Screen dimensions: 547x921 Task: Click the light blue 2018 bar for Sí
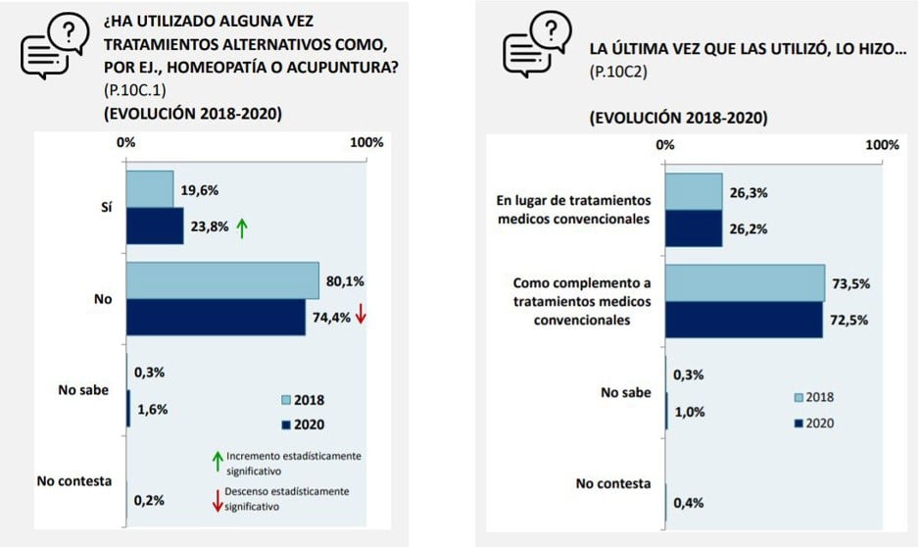point(150,188)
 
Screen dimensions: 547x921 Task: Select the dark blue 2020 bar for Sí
point(155,226)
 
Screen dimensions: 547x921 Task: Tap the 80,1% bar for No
point(222,280)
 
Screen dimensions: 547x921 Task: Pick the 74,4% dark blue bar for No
point(216,317)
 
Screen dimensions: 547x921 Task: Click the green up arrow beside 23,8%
point(243,227)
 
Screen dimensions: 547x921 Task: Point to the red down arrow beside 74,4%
point(361,315)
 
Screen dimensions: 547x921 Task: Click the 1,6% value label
point(151,410)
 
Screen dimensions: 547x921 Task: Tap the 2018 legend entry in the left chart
point(302,400)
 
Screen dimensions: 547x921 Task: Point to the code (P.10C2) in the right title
point(618,73)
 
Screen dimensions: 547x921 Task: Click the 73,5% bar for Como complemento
point(745,283)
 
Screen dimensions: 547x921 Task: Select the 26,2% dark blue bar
point(693,229)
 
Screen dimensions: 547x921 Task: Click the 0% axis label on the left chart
point(126,142)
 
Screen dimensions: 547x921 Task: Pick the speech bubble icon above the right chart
point(536,45)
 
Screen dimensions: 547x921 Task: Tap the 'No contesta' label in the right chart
point(613,483)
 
